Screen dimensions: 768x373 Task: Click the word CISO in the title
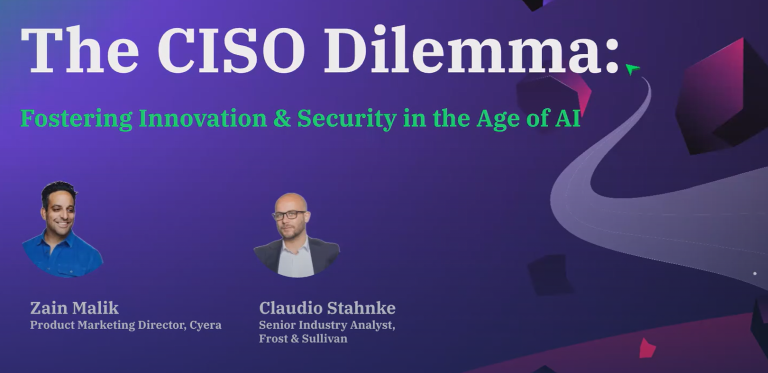click(x=231, y=49)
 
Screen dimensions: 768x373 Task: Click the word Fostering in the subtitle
click(x=76, y=118)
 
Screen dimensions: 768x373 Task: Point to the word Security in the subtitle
click(x=346, y=119)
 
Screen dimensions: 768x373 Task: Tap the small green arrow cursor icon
click(x=632, y=69)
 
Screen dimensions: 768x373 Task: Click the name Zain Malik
click(x=74, y=308)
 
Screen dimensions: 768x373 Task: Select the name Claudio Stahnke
click(x=327, y=308)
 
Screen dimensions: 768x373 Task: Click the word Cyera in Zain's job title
click(x=205, y=325)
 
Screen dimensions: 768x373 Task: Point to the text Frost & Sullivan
click(x=303, y=339)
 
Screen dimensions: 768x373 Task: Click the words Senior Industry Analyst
click(x=327, y=325)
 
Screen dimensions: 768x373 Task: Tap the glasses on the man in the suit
click(x=289, y=215)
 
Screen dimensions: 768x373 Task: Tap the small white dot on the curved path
click(x=754, y=273)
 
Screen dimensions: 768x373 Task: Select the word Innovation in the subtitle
click(x=202, y=118)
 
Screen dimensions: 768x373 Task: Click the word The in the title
click(x=80, y=49)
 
